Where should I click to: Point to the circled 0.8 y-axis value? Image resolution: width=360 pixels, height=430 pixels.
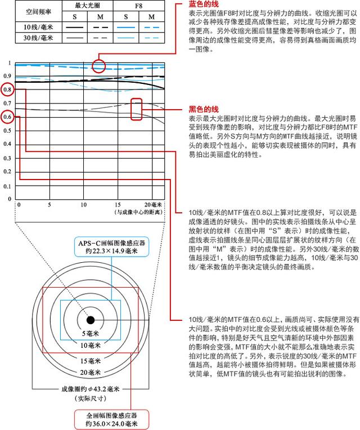(x=7, y=89)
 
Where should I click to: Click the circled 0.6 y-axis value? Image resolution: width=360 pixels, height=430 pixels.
(x=7, y=117)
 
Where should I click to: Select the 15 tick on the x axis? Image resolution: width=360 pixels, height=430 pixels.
(x=118, y=204)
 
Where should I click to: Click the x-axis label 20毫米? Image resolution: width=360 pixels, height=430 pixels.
(x=152, y=204)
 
